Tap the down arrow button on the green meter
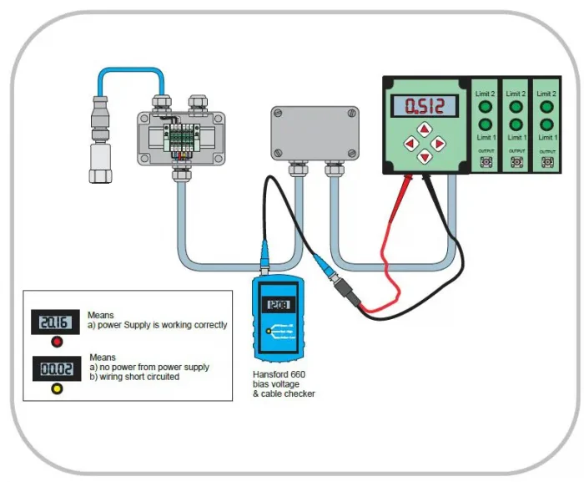pos(426,157)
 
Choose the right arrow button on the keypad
pos(441,143)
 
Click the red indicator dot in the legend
pos(57,341)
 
